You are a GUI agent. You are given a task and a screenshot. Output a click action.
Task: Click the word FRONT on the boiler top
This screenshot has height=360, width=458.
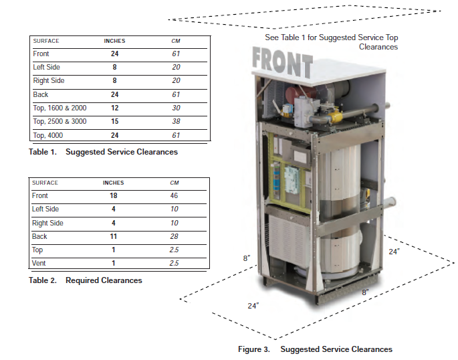[282, 64]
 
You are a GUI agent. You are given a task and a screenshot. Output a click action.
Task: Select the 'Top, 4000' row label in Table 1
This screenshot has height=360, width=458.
[48, 135]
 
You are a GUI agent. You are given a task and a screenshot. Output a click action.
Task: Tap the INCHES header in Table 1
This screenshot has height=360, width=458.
[114, 41]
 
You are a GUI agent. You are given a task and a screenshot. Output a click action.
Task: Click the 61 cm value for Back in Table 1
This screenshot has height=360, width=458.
[176, 95]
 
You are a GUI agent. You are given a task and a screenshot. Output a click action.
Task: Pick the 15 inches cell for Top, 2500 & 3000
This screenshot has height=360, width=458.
[114, 122]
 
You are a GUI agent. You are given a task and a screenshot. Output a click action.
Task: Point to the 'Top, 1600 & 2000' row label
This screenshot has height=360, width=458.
[60, 108]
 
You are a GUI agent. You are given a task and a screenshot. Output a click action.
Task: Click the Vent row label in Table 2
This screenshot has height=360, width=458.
[39, 264]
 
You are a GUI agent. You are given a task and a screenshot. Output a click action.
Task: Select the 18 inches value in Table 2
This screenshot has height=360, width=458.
[113, 196]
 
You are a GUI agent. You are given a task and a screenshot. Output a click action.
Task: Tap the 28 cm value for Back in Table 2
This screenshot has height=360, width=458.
[175, 237]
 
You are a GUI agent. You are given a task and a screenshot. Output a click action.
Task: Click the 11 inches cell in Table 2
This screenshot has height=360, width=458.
[113, 237]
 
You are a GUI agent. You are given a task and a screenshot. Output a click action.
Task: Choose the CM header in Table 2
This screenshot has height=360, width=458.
[175, 183]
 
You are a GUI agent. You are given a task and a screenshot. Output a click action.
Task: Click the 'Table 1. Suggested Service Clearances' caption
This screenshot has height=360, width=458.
[103, 152]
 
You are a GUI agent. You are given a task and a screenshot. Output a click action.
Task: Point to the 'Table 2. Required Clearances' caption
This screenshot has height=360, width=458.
[86, 280]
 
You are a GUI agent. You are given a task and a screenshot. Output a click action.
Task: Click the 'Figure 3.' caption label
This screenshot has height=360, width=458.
[254, 349]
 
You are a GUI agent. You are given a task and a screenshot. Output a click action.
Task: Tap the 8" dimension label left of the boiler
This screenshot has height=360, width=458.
[247, 258]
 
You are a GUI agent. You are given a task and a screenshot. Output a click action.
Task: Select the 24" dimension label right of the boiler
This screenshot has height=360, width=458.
[393, 252]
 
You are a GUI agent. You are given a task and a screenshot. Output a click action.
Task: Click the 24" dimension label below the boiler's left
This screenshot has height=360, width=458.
[253, 305]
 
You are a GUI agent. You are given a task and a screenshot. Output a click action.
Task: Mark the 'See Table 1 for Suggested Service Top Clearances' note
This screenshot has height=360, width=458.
[332, 42]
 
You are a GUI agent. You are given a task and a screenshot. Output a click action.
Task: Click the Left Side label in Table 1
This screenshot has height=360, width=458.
[45, 68]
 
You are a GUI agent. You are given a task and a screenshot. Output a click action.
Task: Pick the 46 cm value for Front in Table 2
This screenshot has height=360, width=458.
[175, 196]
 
